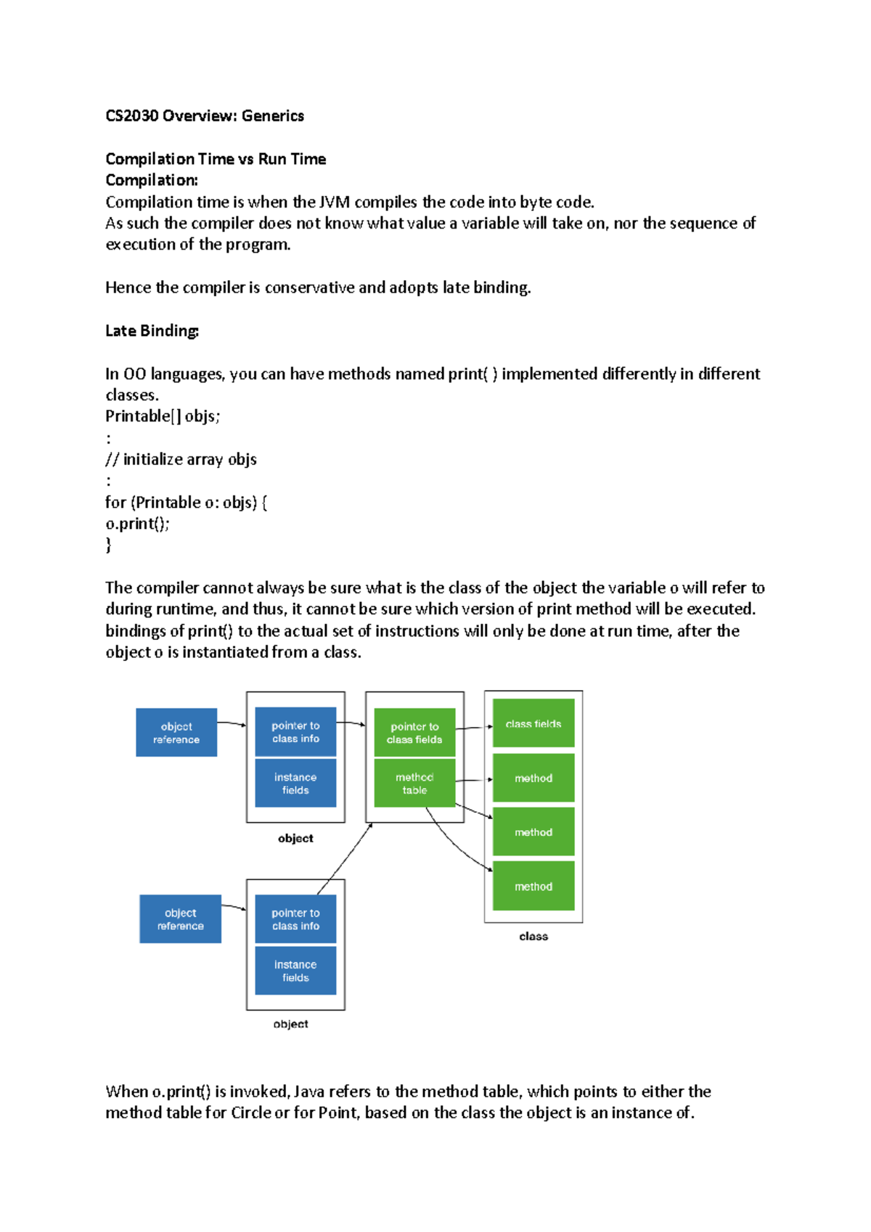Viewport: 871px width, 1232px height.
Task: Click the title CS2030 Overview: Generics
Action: pyautogui.click(x=204, y=116)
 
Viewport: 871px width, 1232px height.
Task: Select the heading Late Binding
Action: pyautogui.click(x=152, y=331)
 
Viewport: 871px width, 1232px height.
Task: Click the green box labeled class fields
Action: pyautogui.click(x=533, y=723)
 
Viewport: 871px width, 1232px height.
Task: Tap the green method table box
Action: pyautogui.click(x=414, y=784)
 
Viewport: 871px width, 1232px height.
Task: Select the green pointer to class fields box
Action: pyautogui.click(x=414, y=733)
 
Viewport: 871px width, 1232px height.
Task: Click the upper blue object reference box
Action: pyautogui.click(x=176, y=733)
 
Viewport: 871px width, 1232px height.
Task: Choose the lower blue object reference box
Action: pyautogui.click(x=180, y=919)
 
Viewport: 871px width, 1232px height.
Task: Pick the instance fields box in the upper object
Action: pyautogui.click(x=295, y=784)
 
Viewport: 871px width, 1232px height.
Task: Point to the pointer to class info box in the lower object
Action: pyautogui.click(x=295, y=919)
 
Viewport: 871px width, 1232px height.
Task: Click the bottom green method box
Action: pyautogui.click(x=533, y=886)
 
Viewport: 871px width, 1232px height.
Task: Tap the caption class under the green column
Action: pyautogui.click(x=533, y=937)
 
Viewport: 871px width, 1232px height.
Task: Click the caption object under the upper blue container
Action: pyautogui.click(x=295, y=839)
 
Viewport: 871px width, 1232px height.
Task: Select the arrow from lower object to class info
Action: pyautogui.click(x=345, y=859)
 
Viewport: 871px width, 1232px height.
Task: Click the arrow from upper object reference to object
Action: pyautogui.click(x=232, y=723)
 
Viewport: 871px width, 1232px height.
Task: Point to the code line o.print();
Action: pyautogui.click(x=137, y=524)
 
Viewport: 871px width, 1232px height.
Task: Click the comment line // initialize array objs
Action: pyautogui.click(x=181, y=459)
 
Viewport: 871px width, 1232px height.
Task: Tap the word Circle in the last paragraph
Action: pyautogui.click(x=250, y=1113)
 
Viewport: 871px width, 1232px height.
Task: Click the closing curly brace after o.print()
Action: pyautogui.click(x=109, y=545)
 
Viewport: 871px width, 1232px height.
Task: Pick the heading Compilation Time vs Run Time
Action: pyautogui.click(x=216, y=159)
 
